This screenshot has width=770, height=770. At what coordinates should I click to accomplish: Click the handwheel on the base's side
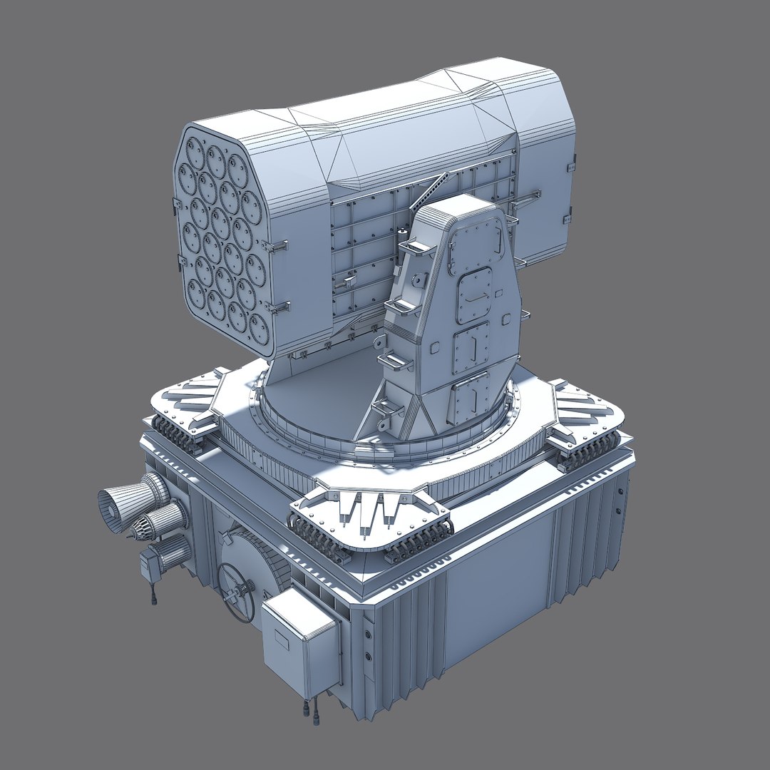[236, 591]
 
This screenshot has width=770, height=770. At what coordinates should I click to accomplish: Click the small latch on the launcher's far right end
[570, 218]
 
